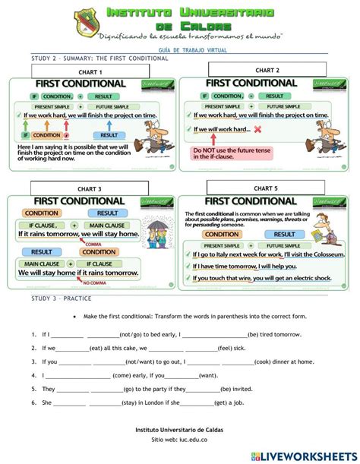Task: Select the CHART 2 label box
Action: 267,70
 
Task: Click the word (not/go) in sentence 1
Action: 132,333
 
